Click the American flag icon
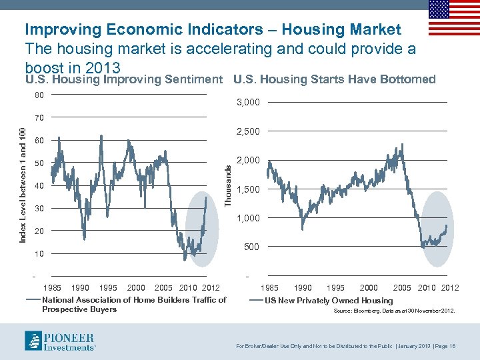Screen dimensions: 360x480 pyautogui.click(x=453, y=17)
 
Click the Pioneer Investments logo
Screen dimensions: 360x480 pyautogui.click(x=61, y=341)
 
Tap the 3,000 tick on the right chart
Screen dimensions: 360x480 pyautogui.click(x=248, y=103)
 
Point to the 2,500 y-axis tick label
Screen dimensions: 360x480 pyautogui.click(x=248, y=131)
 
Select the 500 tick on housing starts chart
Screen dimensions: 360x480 pyautogui.click(x=251, y=247)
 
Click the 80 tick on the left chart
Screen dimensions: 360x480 pyautogui.click(x=39, y=95)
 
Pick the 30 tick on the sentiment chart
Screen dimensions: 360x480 pyautogui.click(x=39, y=209)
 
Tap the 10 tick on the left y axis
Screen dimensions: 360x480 pyautogui.click(x=39, y=254)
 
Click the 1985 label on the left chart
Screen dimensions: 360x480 pyautogui.click(x=52, y=287)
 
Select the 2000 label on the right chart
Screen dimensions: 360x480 pyautogui.click(x=369, y=287)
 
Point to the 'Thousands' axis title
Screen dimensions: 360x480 pyautogui.click(x=229, y=185)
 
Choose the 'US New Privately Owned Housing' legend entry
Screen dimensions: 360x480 pyautogui.click(x=329, y=301)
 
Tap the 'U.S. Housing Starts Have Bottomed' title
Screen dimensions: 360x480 pyautogui.click(x=334, y=79)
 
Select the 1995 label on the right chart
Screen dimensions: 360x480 pyautogui.click(x=335, y=287)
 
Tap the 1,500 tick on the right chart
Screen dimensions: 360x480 pyautogui.click(x=248, y=189)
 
